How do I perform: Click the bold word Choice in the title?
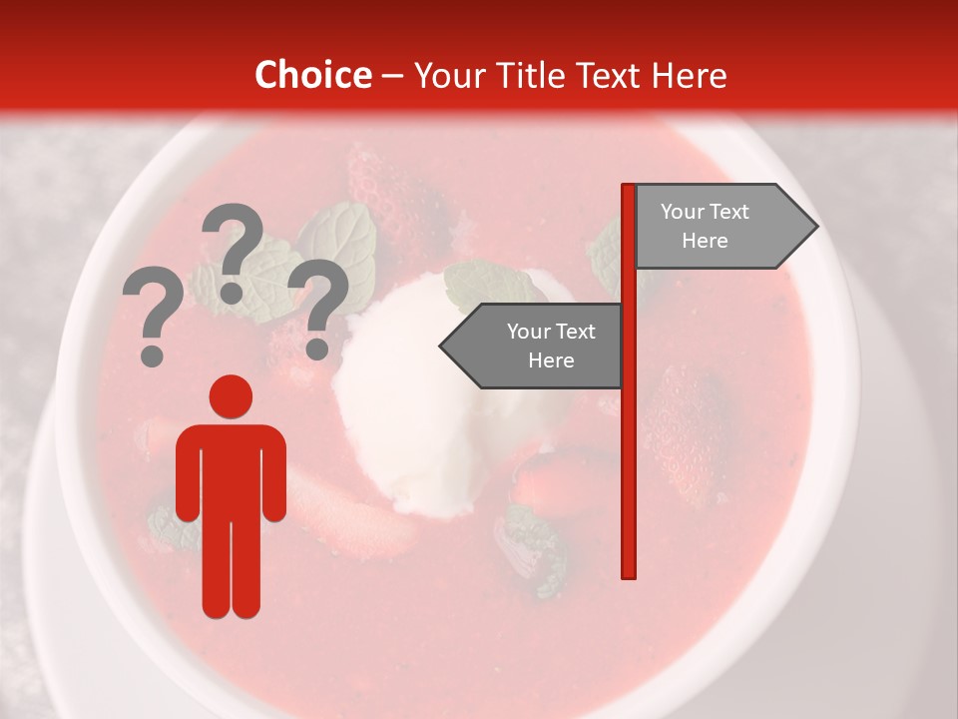pos(312,75)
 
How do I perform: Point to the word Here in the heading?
pos(690,75)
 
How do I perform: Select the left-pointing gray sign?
pos(533,346)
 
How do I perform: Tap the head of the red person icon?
pos(231,396)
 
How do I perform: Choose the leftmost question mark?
pos(153,318)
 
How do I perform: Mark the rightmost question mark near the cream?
pos(318,306)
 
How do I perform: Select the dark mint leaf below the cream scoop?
pos(529,549)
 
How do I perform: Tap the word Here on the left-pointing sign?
pos(551,360)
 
